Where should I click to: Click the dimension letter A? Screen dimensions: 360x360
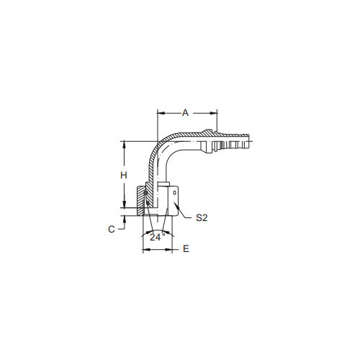click(185, 112)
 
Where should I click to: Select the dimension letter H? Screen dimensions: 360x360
click(124, 176)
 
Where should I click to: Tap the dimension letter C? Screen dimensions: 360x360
click(112, 229)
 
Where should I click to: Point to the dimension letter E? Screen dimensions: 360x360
click(186, 248)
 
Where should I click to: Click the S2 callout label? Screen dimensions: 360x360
click(202, 217)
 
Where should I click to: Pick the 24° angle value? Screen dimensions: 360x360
click(157, 237)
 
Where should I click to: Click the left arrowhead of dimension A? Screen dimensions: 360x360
click(161, 113)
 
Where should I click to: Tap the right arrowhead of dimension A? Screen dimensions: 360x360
click(214, 113)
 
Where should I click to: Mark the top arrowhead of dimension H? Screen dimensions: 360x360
click(124, 145)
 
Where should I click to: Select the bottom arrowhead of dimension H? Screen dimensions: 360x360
click(124, 204)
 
